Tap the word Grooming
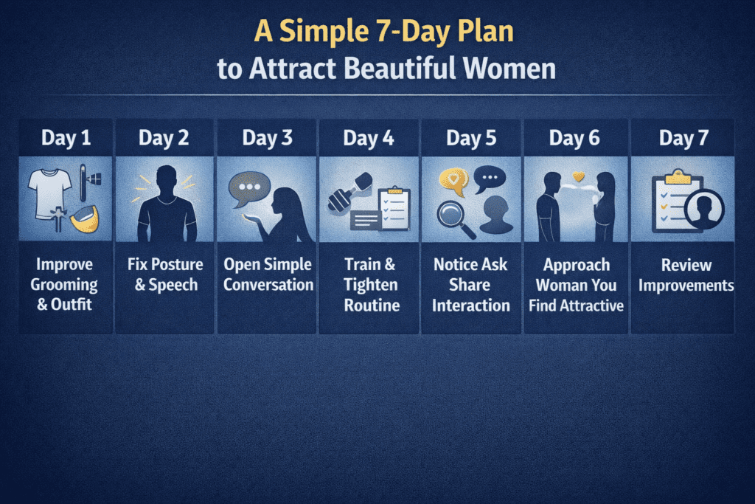[x=66, y=285]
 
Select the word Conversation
[x=268, y=285]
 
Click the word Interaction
[x=470, y=304]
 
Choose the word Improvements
[x=686, y=285]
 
